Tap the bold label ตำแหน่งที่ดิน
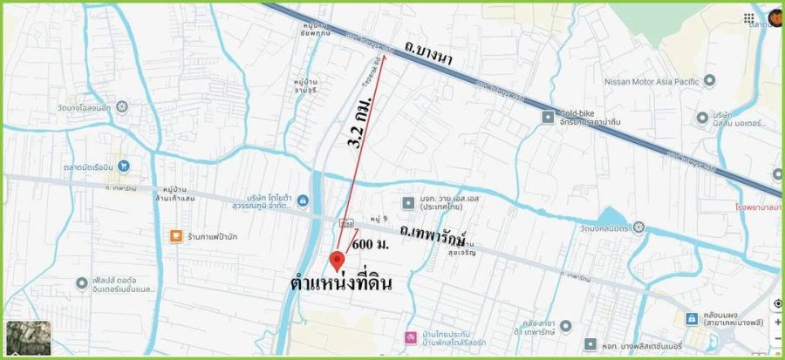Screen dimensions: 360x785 [x=341, y=284]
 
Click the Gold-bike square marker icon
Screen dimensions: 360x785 [x=548, y=116]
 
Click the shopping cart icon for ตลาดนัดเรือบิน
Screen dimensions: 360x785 [x=124, y=165]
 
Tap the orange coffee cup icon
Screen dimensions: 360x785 [x=174, y=236]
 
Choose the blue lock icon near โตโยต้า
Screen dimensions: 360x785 [x=303, y=202]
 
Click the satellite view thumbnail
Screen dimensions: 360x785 [x=28, y=336]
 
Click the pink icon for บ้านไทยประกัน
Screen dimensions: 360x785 [x=409, y=336]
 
